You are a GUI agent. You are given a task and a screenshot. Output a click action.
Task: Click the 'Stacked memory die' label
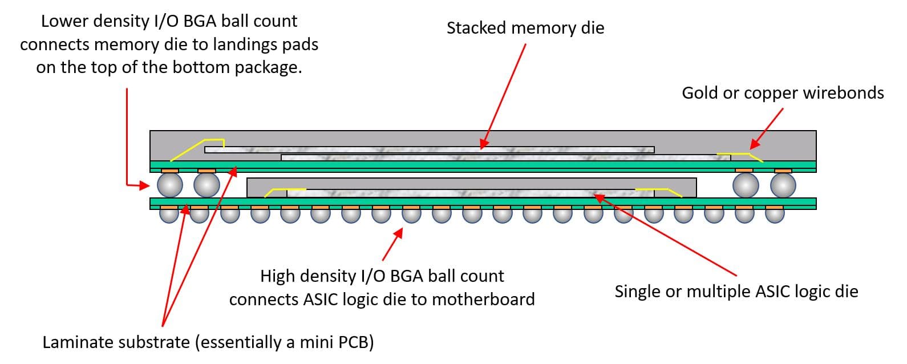[x=525, y=27]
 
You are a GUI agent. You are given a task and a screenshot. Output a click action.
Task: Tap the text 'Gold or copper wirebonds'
[x=783, y=93]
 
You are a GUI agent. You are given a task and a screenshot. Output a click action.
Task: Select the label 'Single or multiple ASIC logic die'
[x=736, y=292]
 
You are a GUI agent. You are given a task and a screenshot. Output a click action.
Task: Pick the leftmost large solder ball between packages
[x=169, y=185]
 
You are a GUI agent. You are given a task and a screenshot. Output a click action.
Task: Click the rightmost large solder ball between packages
[x=783, y=185]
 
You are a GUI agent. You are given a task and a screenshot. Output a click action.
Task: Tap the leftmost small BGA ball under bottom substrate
[x=169, y=213]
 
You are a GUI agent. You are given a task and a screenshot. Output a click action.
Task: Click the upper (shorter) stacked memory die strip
[x=429, y=149]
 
